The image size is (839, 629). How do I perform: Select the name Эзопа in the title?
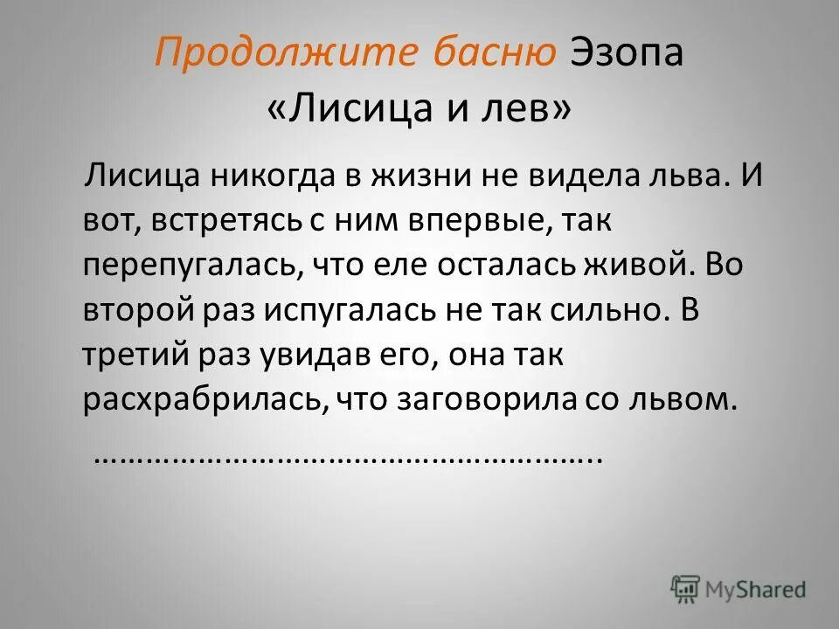(627, 54)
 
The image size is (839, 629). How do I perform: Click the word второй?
(135, 311)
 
